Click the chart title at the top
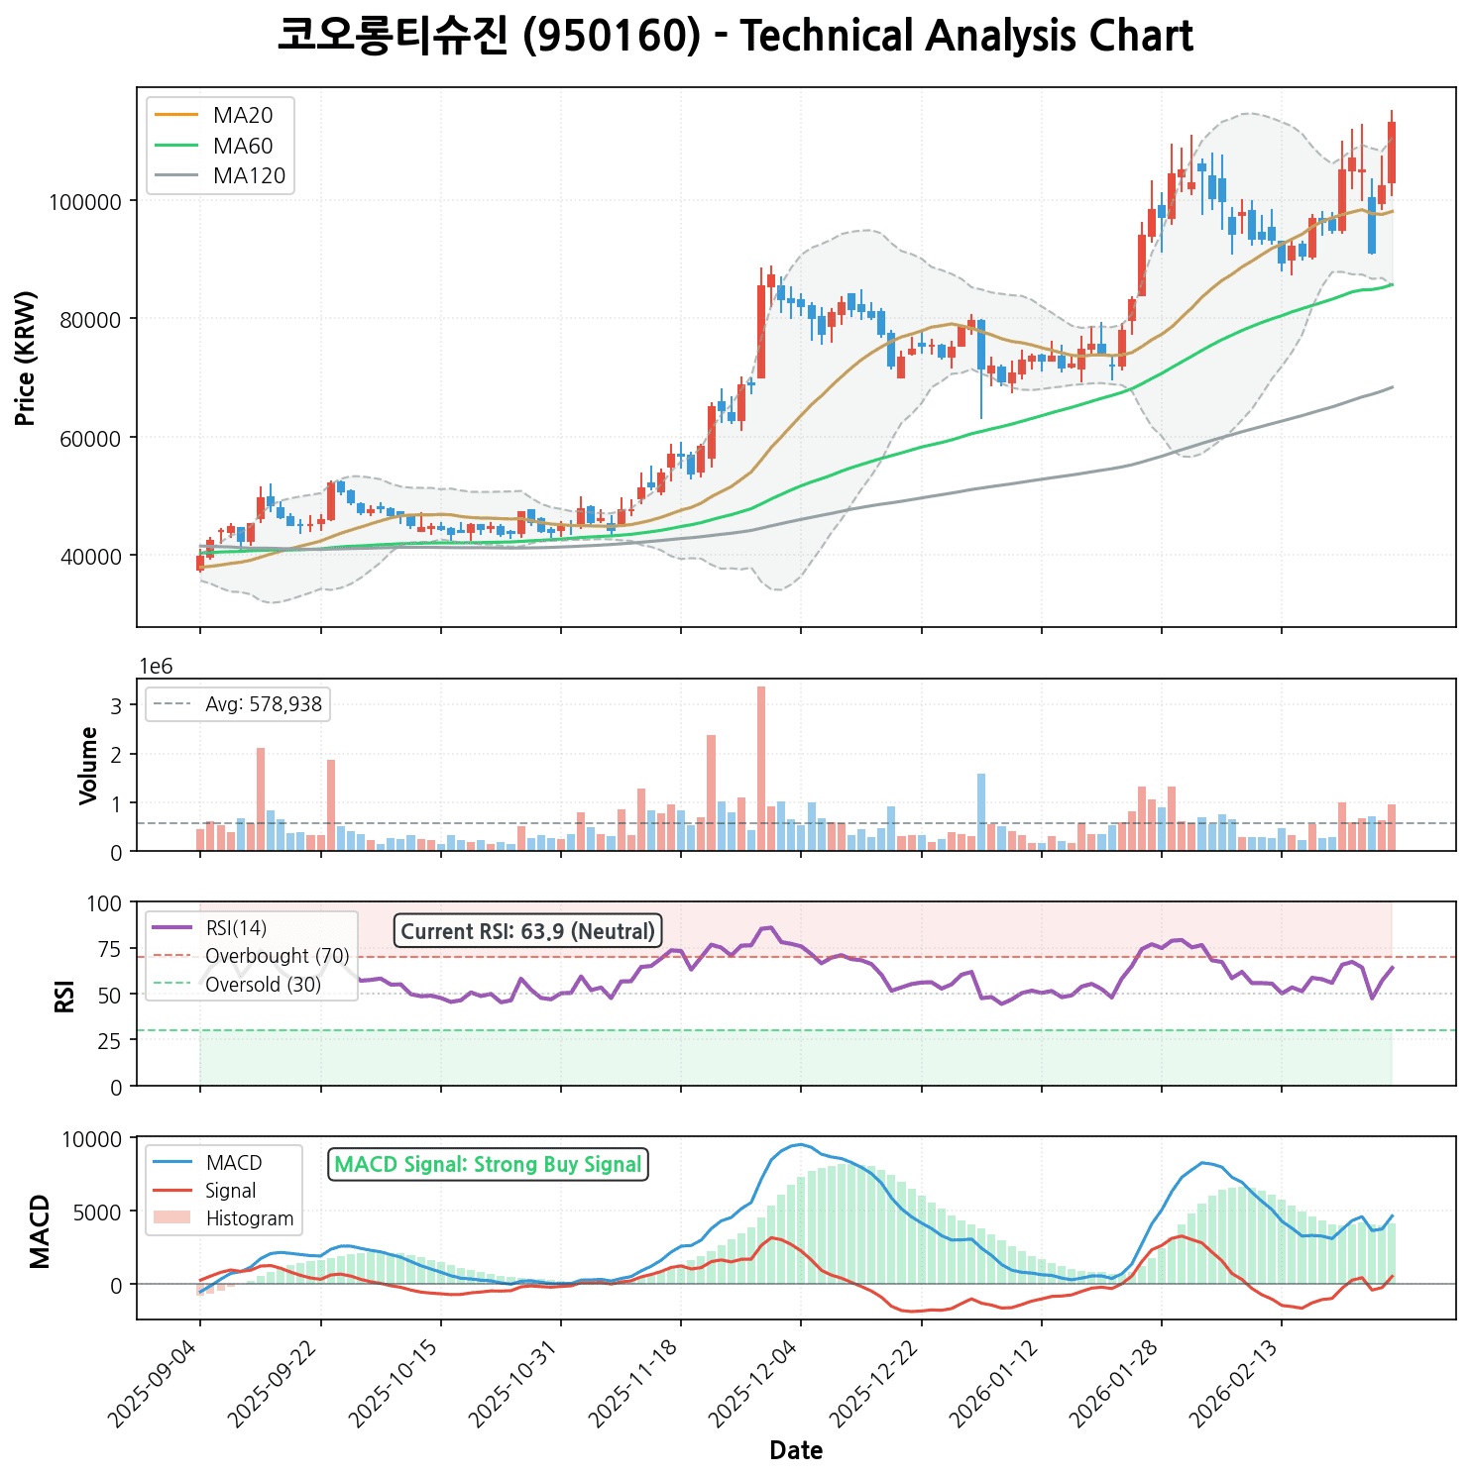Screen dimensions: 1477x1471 [735, 37]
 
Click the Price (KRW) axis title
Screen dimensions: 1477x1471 [27, 358]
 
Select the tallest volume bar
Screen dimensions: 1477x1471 [761, 768]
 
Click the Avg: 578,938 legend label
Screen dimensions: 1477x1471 [263, 705]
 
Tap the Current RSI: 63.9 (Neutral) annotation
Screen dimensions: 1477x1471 [527, 931]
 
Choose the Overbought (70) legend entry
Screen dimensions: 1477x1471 [277, 956]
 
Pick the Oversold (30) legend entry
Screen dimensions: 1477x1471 [263, 985]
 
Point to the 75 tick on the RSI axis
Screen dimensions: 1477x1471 [110, 950]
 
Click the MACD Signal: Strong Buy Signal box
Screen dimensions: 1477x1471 [488, 1165]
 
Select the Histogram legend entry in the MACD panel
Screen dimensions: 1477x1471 [249, 1218]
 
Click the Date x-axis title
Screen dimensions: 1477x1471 [796, 1451]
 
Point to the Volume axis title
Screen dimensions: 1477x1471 [89, 765]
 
